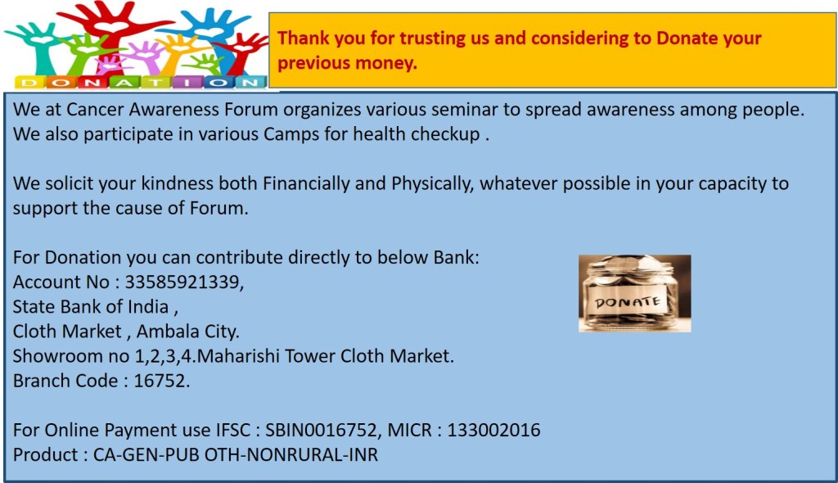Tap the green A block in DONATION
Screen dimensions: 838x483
(x=124, y=83)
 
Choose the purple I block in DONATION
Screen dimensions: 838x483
(x=187, y=83)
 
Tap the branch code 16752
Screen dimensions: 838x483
(x=160, y=381)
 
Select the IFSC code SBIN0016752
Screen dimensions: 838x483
(x=322, y=430)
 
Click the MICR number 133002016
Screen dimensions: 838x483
(x=493, y=430)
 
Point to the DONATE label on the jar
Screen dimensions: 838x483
(x=628, y=303)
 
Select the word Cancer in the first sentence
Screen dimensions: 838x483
(x=95, y=110)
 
